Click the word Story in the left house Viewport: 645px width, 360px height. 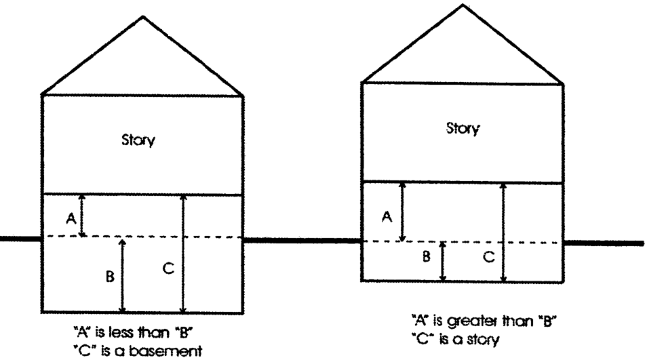click(138, 140)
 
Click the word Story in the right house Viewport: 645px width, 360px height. click(463, 129)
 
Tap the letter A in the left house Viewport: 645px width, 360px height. click(71, 218)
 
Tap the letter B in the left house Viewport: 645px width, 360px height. click(110, 276)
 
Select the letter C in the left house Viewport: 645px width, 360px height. click(168, 268)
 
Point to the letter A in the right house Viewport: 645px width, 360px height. click(387, 216)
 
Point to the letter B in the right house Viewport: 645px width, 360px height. click(426, 256)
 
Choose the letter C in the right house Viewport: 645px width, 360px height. click(489, 257)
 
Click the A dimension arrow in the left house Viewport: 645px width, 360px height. click(82, 216)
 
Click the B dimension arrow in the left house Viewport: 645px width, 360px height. click(122, 276)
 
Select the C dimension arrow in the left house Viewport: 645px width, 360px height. click(184, 254)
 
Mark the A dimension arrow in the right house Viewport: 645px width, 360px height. click(403, 212)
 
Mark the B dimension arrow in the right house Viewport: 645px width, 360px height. click(443, 261)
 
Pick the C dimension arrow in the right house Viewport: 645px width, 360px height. click(503, 233)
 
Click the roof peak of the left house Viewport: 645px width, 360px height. click(143, 16)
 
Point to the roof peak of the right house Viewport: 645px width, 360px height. click(463, 5)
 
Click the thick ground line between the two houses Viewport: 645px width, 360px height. click(302, 241)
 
